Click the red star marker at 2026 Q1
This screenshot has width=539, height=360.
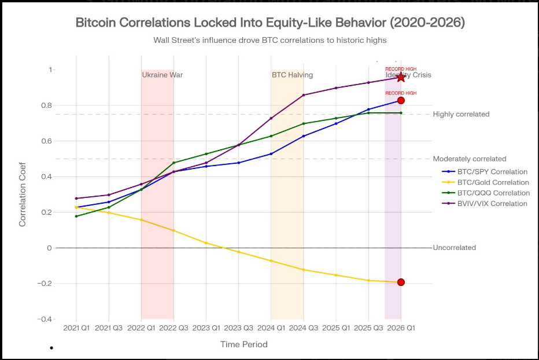coord(401,78)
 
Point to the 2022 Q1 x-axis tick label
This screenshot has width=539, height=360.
coord(141,328)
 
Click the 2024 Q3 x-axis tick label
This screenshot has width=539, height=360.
coord(304,328)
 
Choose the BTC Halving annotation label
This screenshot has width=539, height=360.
coord(293,75)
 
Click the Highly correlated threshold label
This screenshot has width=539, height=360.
coord(461,114)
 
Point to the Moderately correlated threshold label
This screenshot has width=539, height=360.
coord(469,159)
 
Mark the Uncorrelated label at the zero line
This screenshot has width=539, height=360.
coord(454,248)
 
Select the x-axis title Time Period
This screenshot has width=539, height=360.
coord(243,344)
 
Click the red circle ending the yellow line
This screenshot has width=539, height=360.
coord(401,282)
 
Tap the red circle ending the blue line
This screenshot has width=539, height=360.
coord(401,101)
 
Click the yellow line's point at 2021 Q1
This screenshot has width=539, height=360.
coord(76,207)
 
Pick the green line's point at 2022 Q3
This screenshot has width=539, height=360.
coord(173,163)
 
